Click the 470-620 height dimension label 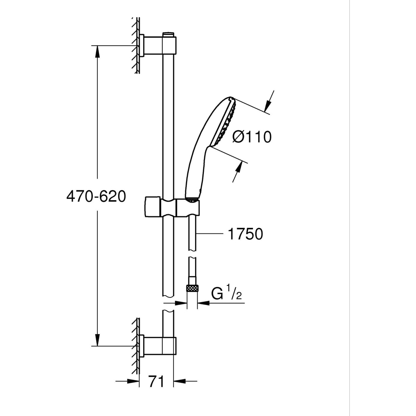(96, 196)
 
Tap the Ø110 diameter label (252, 136)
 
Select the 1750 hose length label (245, 234)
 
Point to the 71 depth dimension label (157, 381)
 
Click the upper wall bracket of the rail (158, 45)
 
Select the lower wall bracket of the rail (158, 346)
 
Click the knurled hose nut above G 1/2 (192, 287)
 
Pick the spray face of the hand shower (225, 122)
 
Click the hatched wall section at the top (135, 46)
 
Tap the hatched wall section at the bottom (135, 345)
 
